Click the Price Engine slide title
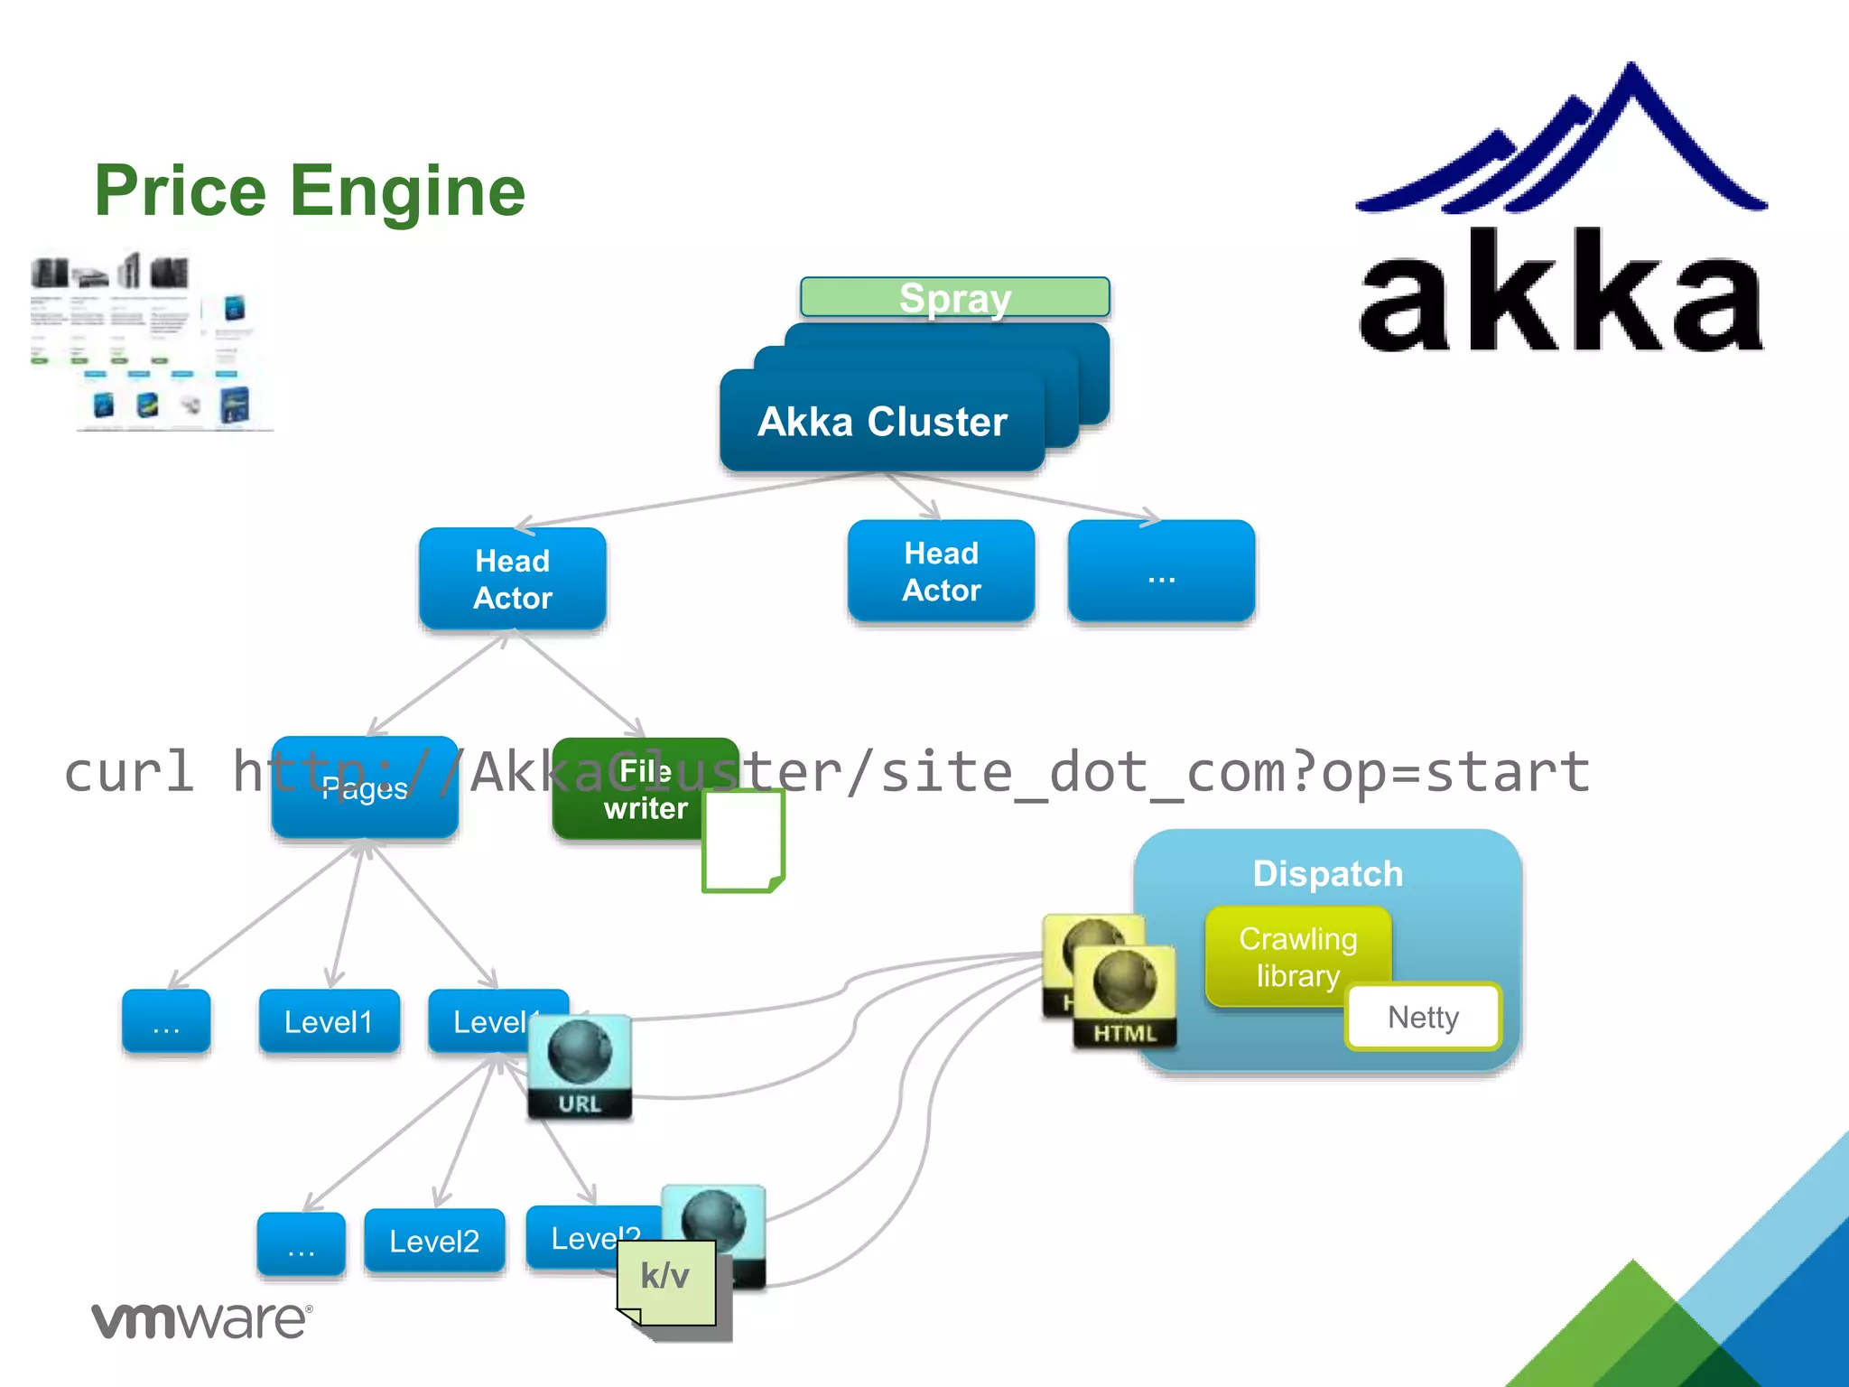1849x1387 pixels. point(310,191)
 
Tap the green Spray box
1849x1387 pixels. point(954,297)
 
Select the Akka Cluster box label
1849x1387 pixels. point(882,422)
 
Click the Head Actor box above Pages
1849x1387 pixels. point(512,579)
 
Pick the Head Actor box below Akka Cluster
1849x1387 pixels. point(941,571)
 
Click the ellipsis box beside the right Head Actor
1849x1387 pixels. point(1161,571)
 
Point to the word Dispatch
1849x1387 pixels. point(1327,873)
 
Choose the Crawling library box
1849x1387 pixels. point(1297,956)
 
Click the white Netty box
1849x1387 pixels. point(1423,1017)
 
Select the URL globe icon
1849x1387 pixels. point(579,1066)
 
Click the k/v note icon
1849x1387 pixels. point(666,1280)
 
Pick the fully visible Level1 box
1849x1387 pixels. point(329,1021)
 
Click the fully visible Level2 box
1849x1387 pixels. point(434,1241)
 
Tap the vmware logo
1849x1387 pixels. point(201,1319)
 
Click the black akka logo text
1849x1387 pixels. point(1560,293)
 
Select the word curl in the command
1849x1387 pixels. point(129,772)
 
